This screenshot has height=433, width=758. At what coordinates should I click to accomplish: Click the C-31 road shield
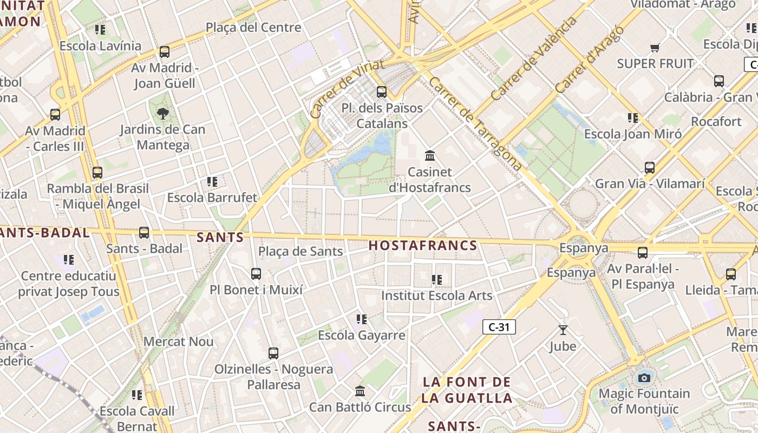pyautogui.click(x=499, y=327)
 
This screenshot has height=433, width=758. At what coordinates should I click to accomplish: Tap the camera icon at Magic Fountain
pyautogui.click(x=644, y=378)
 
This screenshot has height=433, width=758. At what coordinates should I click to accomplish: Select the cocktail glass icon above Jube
pyautogui.click(x=563, y=330)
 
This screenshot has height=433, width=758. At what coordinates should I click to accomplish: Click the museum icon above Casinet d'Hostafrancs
pyautogui.click(x=430, y=156)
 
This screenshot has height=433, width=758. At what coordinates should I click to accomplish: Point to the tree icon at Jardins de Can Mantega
pyautogui.click(x=162, y=113)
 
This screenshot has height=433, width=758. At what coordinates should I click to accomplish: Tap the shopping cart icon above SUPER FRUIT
pyautogui.click(x=655, y=48)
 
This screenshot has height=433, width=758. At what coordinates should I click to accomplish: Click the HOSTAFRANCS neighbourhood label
pyautogui.click(x=423, y=245)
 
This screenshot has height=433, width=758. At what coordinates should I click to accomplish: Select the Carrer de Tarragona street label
pyautogui.click(x=475, y=123)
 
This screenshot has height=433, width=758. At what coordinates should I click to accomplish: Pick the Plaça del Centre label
pyautogui.click(x=253, y=27)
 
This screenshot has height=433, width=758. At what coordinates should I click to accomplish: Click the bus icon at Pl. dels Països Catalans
pyautogui.click(x=382, y=91)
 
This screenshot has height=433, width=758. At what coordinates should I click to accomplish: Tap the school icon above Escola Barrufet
pyautogui.click(x=212, y=181)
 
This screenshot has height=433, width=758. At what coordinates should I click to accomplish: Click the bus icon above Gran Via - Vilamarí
pyautogui.click(x=650, y=167)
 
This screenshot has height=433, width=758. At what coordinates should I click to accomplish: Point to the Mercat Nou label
pyautogui.click(x=178, y=342)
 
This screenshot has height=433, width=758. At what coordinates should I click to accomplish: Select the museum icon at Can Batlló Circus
pyautogui.click(x=360, y=391)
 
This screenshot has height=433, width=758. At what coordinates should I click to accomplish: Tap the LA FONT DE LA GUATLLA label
pyautogui.click(x=467, y=390)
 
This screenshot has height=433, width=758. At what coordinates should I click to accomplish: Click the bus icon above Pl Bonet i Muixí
pyautogui.click(x=256, y=273)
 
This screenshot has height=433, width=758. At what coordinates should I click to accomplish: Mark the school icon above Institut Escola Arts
pyautogui.click(x=437, y=279)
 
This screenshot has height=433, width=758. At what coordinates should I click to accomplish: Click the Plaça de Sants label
pyautogui.click(x=300, y=251)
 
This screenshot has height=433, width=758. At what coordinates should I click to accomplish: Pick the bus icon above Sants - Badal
pyautogui.click(x=144, y=232)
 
